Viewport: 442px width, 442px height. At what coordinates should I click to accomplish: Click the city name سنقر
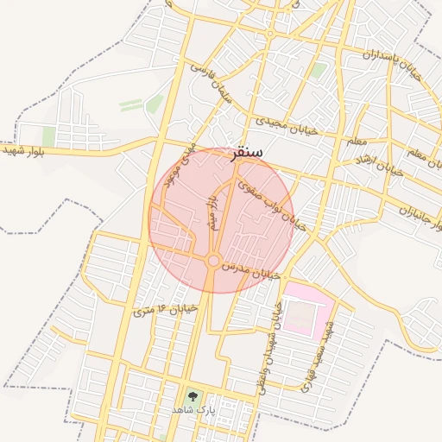click(248, 150)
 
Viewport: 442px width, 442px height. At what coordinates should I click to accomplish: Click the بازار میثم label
click(211, 212)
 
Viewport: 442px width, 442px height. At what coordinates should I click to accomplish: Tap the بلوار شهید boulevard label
click(24, 150)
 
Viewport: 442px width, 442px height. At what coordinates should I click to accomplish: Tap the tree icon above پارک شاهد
click(192, 398)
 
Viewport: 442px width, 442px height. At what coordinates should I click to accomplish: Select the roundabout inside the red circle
click(212, 261)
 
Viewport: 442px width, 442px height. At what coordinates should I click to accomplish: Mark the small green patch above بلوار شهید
click(49, 136)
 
